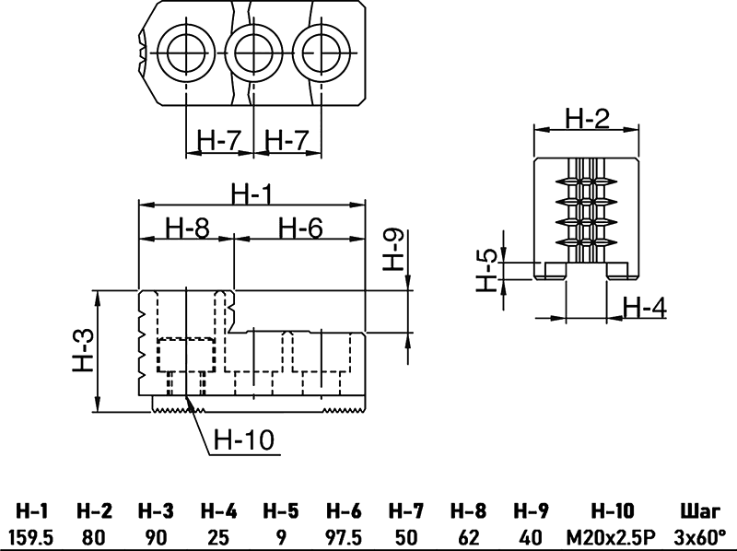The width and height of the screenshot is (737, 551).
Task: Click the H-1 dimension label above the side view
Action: pyautogui.click(x=252, y=194)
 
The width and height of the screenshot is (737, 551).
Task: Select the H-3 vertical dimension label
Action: pyautogui.click(x=84, y=351)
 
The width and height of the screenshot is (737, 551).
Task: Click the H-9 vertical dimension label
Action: pyautogui.click(x=393, y=249)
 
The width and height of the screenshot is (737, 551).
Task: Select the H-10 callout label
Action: pyautogui.click(x=244, y=440)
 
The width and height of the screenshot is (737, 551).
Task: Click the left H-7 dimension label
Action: pyautogui.click(x=219, y=141)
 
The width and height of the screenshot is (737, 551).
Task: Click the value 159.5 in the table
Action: pyautogui.click(x=31, y=535)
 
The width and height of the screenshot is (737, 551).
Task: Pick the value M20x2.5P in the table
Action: pyautogui.click(x=611, y=535)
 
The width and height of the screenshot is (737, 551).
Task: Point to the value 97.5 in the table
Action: pyautogui.click(x=344, y=535)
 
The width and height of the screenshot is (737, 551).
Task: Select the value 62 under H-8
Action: pyautogui.click(x=469, y=535)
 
